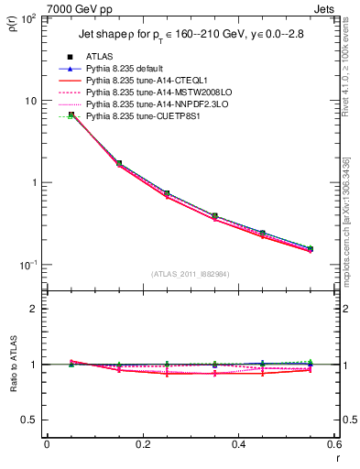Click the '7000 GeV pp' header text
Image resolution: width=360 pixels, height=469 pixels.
pos(80,9)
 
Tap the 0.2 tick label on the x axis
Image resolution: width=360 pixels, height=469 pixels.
pos(142,445)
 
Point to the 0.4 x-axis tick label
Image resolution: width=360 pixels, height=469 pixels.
pos(238,445)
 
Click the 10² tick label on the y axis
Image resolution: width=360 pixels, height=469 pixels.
pos(29,20)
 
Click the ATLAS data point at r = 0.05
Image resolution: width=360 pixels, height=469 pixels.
pos(71,115)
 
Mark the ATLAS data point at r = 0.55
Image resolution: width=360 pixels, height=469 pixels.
pos(311,248)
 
